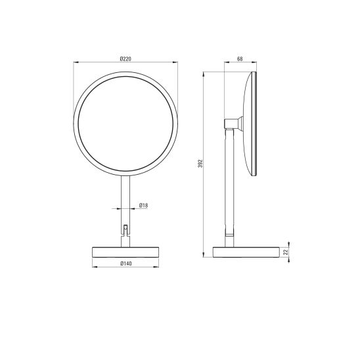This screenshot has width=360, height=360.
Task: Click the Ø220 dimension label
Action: (x=125, y=58)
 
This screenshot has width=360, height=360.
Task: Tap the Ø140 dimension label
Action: (x=126, y=263)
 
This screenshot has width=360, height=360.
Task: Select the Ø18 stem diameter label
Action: (x=143, y=205)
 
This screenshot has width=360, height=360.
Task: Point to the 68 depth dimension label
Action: (x=240, y=58)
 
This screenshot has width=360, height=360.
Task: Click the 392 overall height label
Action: (x=200, y=163)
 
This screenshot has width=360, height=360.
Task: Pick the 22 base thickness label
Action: (x=285, y=252)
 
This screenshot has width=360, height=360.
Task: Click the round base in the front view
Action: (x=125, y=252)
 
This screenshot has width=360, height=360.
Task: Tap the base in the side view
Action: (x=246, y=252)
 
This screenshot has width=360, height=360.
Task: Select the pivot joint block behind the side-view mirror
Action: (x=233, y=124)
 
